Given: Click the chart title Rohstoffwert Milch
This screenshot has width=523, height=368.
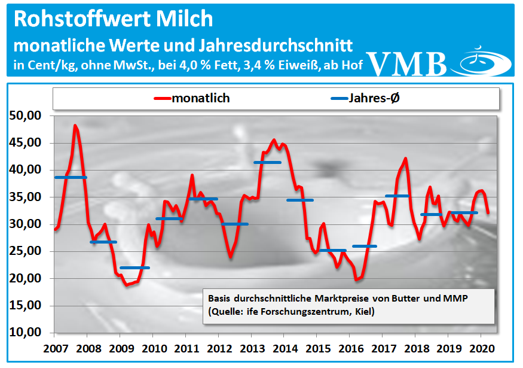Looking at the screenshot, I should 112,19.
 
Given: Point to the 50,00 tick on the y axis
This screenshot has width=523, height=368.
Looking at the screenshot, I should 25,115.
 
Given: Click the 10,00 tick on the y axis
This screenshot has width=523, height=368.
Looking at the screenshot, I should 25,333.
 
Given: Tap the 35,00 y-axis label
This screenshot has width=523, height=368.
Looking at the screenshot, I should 25,197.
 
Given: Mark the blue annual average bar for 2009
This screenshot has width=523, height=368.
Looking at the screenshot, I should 135,267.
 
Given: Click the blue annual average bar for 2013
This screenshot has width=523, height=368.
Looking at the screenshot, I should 267,162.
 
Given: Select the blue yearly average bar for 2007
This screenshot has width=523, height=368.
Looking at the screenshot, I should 71,178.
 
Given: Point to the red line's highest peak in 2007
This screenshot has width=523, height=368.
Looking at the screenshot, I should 75,126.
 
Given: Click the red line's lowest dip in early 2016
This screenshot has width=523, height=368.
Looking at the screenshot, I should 356,279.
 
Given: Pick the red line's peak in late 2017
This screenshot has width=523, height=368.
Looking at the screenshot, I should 406,159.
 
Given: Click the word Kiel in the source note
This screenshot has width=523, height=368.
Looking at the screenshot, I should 364,312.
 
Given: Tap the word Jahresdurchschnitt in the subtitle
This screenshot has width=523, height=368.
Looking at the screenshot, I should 276,45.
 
